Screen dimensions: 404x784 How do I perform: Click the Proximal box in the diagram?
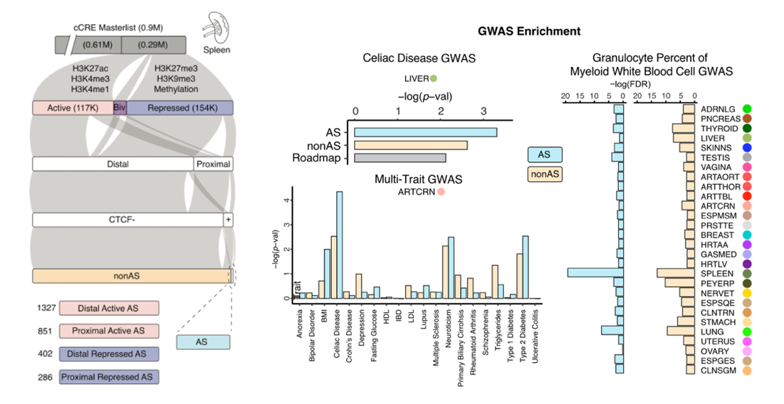213,164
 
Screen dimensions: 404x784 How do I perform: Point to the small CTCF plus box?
228,220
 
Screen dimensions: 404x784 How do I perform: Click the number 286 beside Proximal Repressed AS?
46,376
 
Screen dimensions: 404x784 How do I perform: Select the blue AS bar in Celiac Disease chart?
425,132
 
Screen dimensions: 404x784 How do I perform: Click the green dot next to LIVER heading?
433,78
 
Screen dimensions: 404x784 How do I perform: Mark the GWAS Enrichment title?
529,31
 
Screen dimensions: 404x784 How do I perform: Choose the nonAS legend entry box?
545,174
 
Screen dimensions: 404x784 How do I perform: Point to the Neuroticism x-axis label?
450,326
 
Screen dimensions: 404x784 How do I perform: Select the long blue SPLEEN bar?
595,272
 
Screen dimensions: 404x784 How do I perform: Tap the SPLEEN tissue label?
716,272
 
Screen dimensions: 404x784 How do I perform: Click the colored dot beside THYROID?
746,129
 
